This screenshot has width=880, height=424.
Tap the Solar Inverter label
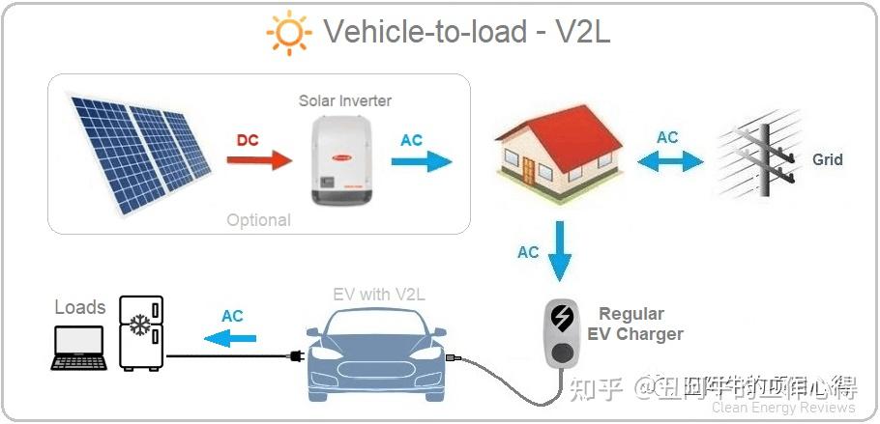(345, 100)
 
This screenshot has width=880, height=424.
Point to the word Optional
(258, 220)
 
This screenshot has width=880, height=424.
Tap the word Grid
(828, 159)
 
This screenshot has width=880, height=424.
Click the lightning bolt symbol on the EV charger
(561, 316)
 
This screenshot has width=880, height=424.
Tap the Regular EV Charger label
(634, 325)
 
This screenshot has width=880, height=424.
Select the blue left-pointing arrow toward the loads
(231, 337)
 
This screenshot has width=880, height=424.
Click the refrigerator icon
(141, 333)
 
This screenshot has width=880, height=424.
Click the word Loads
(79, 307)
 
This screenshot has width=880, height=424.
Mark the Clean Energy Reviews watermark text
(783, 408)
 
